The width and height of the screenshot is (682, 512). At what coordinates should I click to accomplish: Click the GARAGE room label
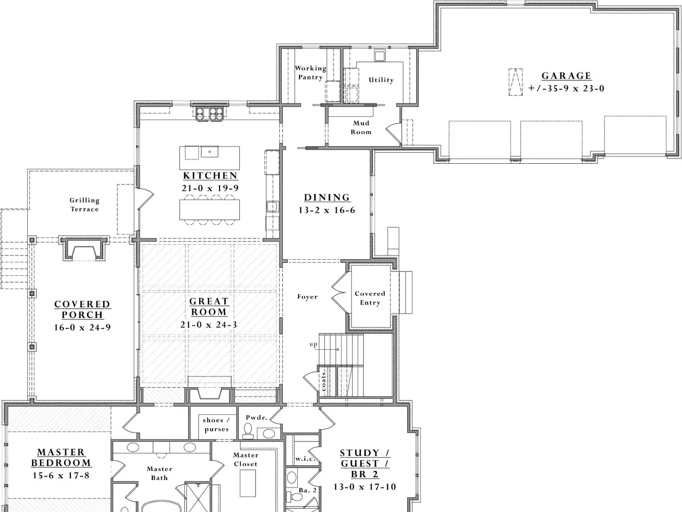pyautogui.click(x=566, y=76)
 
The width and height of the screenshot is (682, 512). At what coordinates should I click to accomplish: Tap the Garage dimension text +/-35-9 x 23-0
pyautogui.click(x=566, y=89)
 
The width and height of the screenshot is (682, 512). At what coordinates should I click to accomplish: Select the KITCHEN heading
pyautogui.click(x=210, y=175)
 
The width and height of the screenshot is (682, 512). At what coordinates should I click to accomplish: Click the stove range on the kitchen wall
pyautogui.click(x=209, y=113)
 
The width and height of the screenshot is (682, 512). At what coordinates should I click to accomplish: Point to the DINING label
pyautogui.click(x=327, y=197)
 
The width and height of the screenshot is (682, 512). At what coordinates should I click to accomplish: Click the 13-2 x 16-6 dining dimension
pyautogui.click(x=327, y=210)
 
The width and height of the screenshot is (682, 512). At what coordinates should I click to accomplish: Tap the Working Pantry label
pyautogui.click(x=311, y=73)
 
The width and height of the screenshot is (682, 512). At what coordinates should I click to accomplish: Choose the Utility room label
pyautogui.click(x=381, y=80)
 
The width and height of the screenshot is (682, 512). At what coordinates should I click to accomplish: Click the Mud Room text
pyautogui.click(x=361, y=127)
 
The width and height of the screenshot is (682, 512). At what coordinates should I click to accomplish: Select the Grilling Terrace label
pyautogui.click(x=85, y=205)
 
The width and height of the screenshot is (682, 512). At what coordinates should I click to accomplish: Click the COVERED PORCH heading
pyautogui.click(x=83, y=309)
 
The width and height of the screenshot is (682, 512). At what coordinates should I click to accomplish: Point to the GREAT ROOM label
pyautogui.click(x=209, y=307)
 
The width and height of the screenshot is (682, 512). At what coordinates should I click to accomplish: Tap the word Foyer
pyautogui.click(x=307, y=297)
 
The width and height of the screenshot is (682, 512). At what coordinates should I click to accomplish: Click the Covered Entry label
pyautogui.click(x=370, y=298)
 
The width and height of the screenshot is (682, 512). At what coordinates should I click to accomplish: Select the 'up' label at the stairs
pyautogui.click(x=313, y=344)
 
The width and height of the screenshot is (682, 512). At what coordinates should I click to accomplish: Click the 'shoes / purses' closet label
pyautogui.click(x=216, y=425)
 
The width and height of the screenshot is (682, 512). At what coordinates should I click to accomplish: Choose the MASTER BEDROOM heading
pyautogui.click(x=61, y=457)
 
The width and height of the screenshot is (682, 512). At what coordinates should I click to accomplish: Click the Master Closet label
pyautogui.click(x=246, y=459)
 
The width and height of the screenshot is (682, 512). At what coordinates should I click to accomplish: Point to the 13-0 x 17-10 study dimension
pyautogui.click(x=365, y=486)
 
